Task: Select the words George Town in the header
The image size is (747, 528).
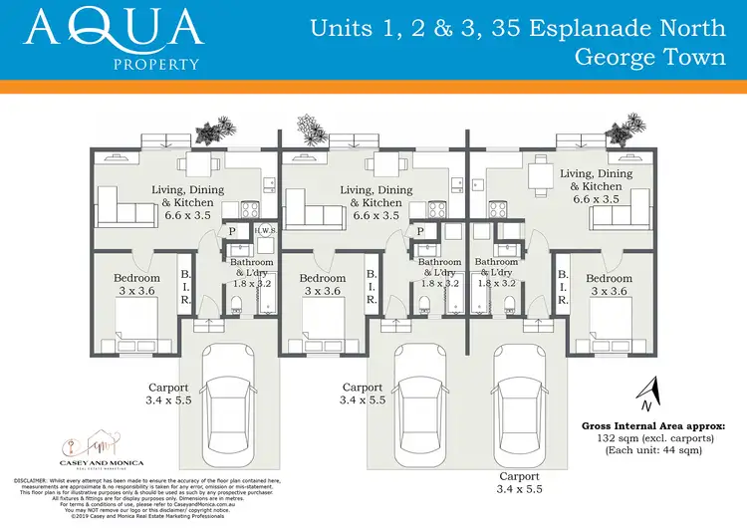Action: [x=650, y=56]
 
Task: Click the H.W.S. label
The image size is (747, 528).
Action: [x=265, y=231]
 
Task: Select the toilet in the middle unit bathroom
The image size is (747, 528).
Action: [x=425, y=309]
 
